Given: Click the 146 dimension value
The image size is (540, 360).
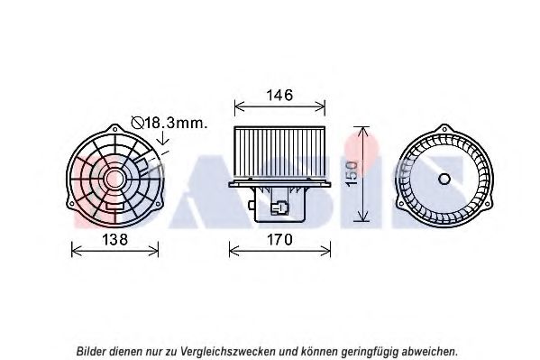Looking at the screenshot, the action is [x=279, y=95].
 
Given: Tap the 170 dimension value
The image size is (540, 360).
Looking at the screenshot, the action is [x=279, y=239].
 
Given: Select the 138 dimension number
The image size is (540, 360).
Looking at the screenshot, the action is [x=115, y=239].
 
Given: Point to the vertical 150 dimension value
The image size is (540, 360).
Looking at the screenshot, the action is [x=352, y=174].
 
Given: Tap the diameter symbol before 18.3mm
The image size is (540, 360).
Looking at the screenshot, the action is [x=137, y=123].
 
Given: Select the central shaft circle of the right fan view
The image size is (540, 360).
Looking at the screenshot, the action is [x=444, y=179].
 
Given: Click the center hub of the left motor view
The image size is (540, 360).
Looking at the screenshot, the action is [x=114, y=179].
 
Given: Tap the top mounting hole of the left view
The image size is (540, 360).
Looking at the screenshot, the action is [x=115, y=129].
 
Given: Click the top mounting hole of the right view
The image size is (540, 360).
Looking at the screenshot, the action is [x=445, y=129].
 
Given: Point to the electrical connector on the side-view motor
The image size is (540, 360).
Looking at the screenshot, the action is [x=279, y=208].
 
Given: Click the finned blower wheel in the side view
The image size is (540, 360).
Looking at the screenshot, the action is [x=279, y=152].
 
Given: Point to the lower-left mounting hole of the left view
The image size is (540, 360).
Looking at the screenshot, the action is [x=71, y=204].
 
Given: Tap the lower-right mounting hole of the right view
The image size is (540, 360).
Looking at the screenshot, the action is [x=489, y=204].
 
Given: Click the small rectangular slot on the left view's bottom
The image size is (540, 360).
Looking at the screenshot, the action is [x=115, y=206].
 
